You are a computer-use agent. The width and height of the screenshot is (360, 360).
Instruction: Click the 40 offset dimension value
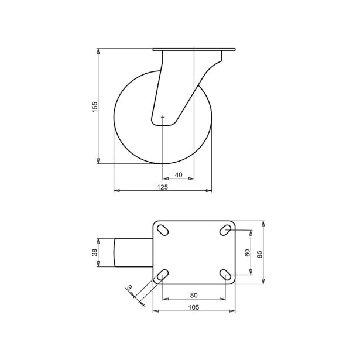(x=179, y=174)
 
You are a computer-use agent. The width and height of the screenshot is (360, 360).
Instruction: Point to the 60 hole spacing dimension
(x=248, y=253)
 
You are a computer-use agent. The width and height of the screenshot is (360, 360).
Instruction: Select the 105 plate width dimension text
(x=194, y=307)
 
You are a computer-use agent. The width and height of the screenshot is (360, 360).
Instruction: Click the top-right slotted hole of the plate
(x=225, y=230)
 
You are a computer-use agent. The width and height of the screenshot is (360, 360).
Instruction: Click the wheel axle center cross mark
(x=163, y=118)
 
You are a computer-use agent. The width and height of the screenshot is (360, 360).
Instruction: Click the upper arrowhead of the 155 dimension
(x=99, y=51)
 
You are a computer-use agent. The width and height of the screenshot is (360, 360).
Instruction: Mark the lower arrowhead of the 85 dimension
(x=265, y=282)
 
